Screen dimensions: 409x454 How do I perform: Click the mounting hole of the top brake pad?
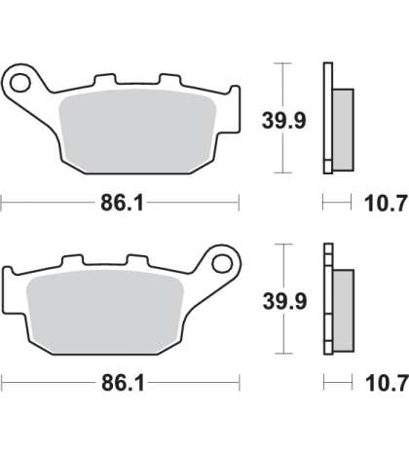[20, 83]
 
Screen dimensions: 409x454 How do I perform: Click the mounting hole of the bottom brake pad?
[222, 263]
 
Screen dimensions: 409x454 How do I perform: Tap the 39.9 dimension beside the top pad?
[284, 120]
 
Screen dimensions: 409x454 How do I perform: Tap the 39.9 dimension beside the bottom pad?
[284, 301]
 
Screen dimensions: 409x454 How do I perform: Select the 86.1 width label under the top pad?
[122, 203]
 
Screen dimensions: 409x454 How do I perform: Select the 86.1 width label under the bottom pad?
[123, 383]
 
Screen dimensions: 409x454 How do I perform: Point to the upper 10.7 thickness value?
[386, 204]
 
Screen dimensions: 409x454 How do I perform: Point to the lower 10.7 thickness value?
[387, 383]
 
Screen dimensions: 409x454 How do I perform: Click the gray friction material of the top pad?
[137, 131]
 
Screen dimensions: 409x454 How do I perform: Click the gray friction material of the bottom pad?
[105, 312]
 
